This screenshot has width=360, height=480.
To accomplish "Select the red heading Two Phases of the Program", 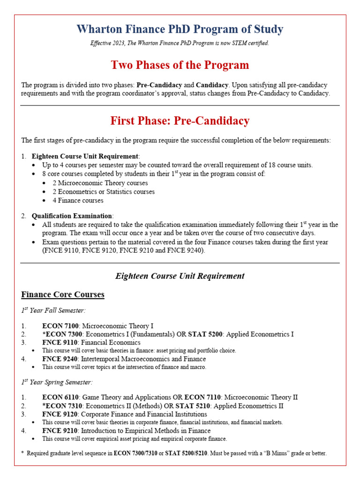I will click(180, 65).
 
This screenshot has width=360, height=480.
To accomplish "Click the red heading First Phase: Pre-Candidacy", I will click(180, 121).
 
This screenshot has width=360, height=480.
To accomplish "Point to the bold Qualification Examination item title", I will click(72, 216).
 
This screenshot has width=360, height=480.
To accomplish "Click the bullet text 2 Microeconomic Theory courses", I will click(100, 183).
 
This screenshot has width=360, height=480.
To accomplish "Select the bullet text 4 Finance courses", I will click(78, 200).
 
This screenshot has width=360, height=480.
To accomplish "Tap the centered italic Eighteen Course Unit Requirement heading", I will click(180, 276).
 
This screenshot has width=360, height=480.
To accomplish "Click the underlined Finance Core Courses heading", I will click(63, 294).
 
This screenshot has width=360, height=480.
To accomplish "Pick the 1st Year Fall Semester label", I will click(53, 310).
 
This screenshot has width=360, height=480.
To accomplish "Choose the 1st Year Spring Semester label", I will click(57, 382).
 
